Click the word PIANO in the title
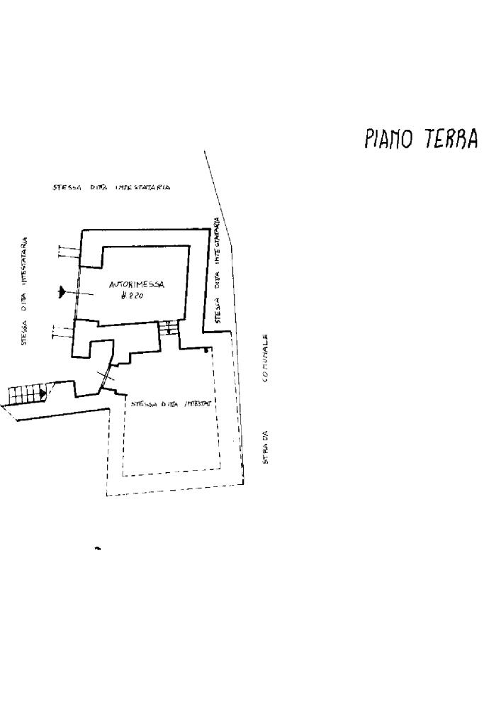tap(390, 138)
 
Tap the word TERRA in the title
tap(450, 138)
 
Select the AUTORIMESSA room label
tap(137, 285)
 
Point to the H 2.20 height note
tap(133, 296)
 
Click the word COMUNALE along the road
tap(265, 358)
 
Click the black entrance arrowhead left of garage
tap(62, 291)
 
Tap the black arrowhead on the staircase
tap(43, 391)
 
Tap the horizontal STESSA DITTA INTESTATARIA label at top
tap(111, 188)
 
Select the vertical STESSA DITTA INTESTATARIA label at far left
tap(24, 291)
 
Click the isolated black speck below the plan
tap(98, 548)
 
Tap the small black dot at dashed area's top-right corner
tap(206, 350)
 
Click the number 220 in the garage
tap(136, 296)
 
